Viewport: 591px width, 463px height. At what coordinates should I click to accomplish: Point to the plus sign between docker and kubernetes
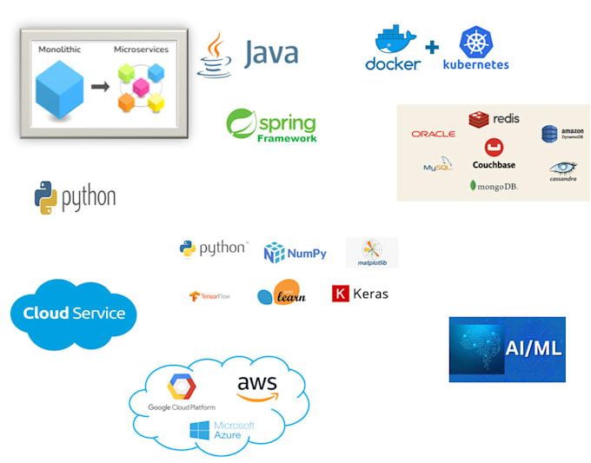click(432, 47)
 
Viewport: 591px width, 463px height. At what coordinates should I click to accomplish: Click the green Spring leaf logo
click(241, 124)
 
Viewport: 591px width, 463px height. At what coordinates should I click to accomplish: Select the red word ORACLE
click(433, 134)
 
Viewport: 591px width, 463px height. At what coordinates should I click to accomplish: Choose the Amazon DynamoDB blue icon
click(550, 134)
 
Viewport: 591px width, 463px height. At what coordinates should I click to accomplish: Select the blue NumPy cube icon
click(275, 253)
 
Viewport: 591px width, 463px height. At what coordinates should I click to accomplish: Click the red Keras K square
click(340, 294)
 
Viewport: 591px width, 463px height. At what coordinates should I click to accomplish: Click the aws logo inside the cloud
click(256, 387)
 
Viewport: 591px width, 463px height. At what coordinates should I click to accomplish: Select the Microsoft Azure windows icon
click(200, 430)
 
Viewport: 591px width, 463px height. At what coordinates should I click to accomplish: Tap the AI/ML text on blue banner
click(533, 348)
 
